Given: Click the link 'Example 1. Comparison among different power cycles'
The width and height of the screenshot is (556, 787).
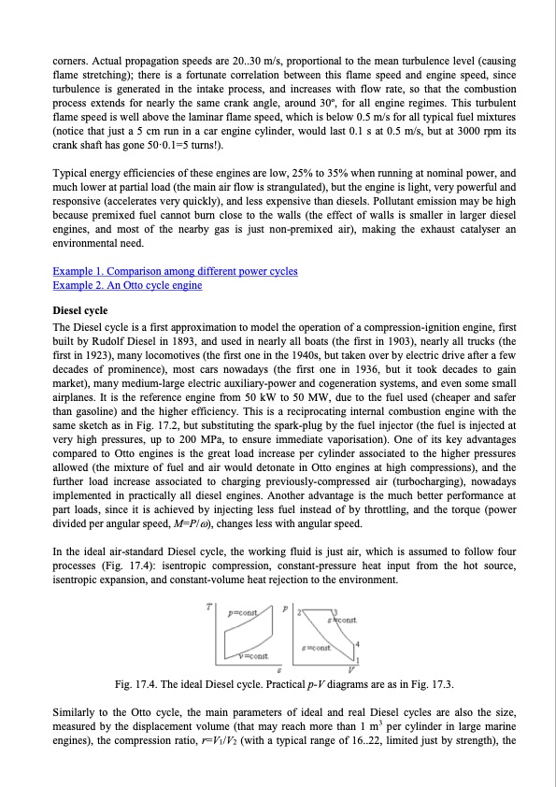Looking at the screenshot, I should click(175, 271).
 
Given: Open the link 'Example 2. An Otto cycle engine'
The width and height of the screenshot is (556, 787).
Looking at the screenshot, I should click(127, 284).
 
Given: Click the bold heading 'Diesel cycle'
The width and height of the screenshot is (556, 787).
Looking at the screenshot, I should click(79, 309).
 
